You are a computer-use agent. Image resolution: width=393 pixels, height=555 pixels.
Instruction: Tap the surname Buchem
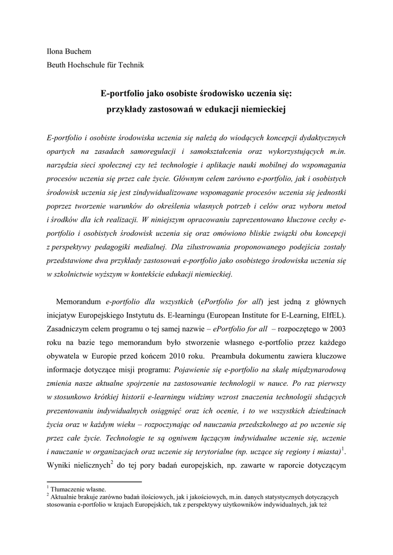click(x=80, y=51)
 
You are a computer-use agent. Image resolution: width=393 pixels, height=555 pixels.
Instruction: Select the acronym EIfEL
click(x=331, y=315)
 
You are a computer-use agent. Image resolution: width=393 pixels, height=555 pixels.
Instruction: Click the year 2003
click(x=337, y=330)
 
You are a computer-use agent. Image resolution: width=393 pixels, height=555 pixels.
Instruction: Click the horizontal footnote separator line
click(x=94, y=481)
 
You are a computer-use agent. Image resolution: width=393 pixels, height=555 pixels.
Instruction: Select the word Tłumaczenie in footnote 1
click(x=69, y=489)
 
